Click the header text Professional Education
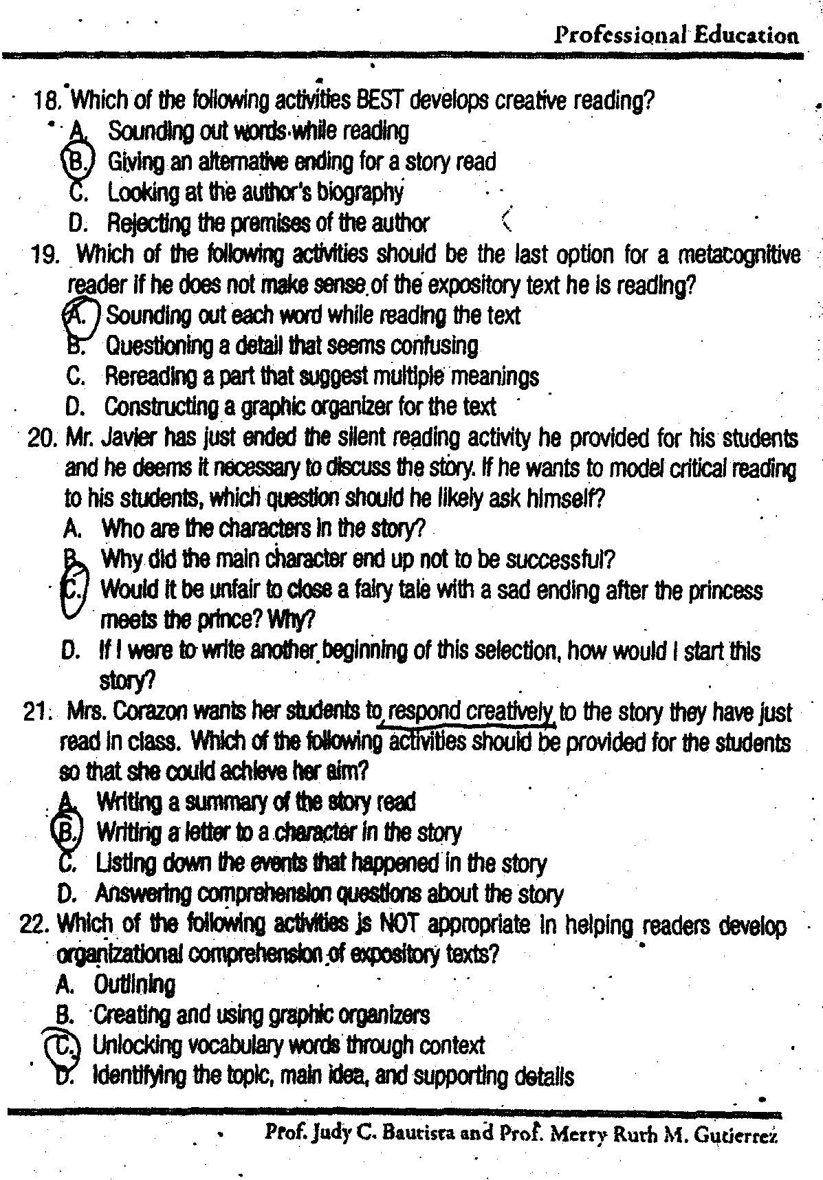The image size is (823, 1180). (x=677, y=35)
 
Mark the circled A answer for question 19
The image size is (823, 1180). (x=80, y=314)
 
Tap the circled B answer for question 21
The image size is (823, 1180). (x=69, y=832)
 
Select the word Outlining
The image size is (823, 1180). (x=135, y=984)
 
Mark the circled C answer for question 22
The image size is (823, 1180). (x=64, y=1045)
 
